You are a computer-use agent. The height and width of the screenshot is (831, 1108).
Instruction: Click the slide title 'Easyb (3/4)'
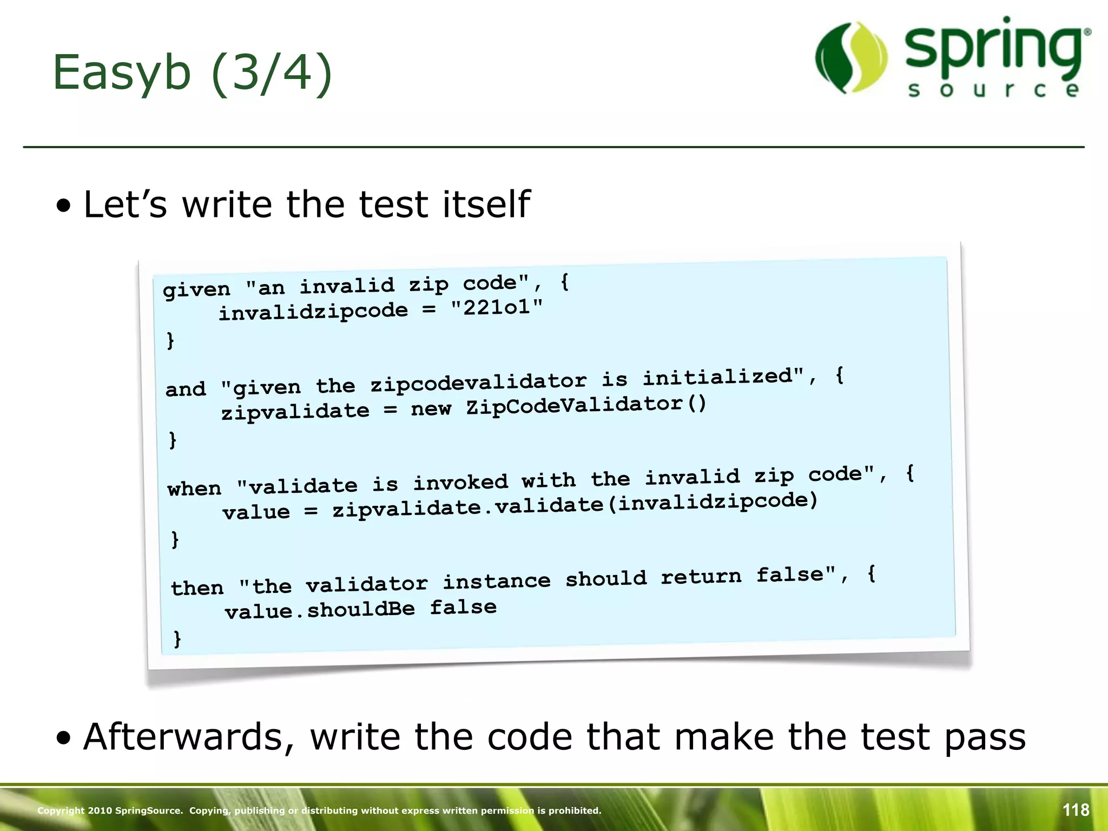(192, 73)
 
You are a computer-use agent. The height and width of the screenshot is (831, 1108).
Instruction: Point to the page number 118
(1076, 810)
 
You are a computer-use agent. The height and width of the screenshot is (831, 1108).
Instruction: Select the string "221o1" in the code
(497, 307)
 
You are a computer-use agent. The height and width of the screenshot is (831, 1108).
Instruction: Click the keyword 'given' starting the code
(197, 290)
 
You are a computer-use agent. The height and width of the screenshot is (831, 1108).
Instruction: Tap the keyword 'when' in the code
(195, 489)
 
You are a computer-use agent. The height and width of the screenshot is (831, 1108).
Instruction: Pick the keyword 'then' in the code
(197, 588)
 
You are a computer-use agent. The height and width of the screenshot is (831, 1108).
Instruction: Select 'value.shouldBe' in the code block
(320, 611)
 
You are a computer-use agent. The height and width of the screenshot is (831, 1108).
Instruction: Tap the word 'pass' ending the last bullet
(985, 737)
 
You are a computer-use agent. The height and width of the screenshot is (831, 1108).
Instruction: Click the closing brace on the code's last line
(177, 639)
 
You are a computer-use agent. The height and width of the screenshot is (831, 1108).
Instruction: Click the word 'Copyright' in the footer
(61, 810)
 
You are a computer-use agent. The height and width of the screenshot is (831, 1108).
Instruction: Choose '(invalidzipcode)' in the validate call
(717, 502)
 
